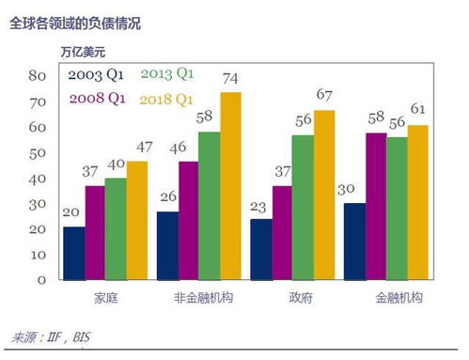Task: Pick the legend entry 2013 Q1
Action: (167, 73)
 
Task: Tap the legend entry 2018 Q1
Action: (167, 97)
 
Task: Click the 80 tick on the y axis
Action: (38, 75)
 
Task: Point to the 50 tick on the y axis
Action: (38, 152)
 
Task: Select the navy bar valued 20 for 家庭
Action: (73, 253)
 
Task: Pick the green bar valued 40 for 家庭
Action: (116, 228)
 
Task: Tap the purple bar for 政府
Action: (281, 232)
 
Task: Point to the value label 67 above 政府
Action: (325, 96)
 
